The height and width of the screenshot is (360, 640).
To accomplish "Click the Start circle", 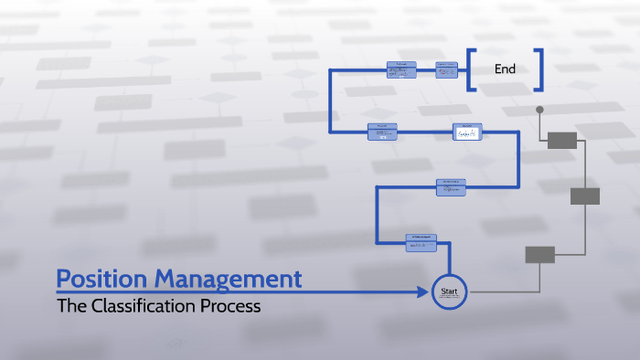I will (449, 292).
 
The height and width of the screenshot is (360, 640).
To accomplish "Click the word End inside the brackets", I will (505, 69).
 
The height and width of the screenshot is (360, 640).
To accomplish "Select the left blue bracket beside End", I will (470, 70).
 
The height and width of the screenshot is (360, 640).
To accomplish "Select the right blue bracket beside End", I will (539, 70).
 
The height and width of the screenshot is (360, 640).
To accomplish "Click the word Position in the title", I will (101, 279).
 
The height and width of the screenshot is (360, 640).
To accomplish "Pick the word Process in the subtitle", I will (232, 307).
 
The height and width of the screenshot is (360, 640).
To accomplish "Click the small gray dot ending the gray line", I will (540, 110).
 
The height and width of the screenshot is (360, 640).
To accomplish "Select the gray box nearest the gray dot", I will (562, 140).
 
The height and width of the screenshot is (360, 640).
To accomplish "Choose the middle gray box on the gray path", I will (585, 196).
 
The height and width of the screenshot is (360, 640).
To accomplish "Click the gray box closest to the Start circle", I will (540, 255).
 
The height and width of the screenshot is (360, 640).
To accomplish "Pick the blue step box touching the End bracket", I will (447, 69).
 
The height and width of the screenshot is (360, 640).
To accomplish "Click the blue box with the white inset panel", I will (466, 132).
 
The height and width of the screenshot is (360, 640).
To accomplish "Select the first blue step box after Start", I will (421, 241).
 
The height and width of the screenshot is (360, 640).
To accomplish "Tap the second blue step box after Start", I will (451, 187).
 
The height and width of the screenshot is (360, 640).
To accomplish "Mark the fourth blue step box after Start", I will (382, 132).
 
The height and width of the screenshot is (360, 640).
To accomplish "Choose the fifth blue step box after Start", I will (401, 70).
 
